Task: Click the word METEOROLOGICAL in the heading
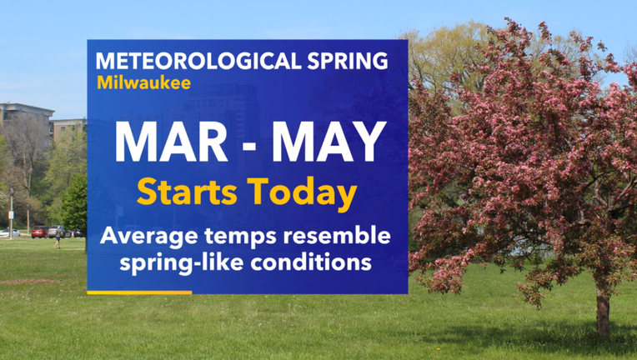(199, 61)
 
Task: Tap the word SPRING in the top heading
(348, 61)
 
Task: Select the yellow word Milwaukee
(143, 82)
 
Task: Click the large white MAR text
(171, 142)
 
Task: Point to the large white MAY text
(329, 142)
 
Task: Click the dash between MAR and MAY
(250, 145)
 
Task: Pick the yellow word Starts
(187, 192)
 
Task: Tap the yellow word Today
(303, 194)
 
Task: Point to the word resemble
(337, 235)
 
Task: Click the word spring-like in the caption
(181, 263)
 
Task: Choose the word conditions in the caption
(311, 262)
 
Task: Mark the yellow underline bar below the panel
(139, 292)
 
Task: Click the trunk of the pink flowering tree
(603, 312)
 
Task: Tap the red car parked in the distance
(40, 232)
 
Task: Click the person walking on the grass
(58, 237)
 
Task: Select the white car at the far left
(10, 233)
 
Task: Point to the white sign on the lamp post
(11, 215)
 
